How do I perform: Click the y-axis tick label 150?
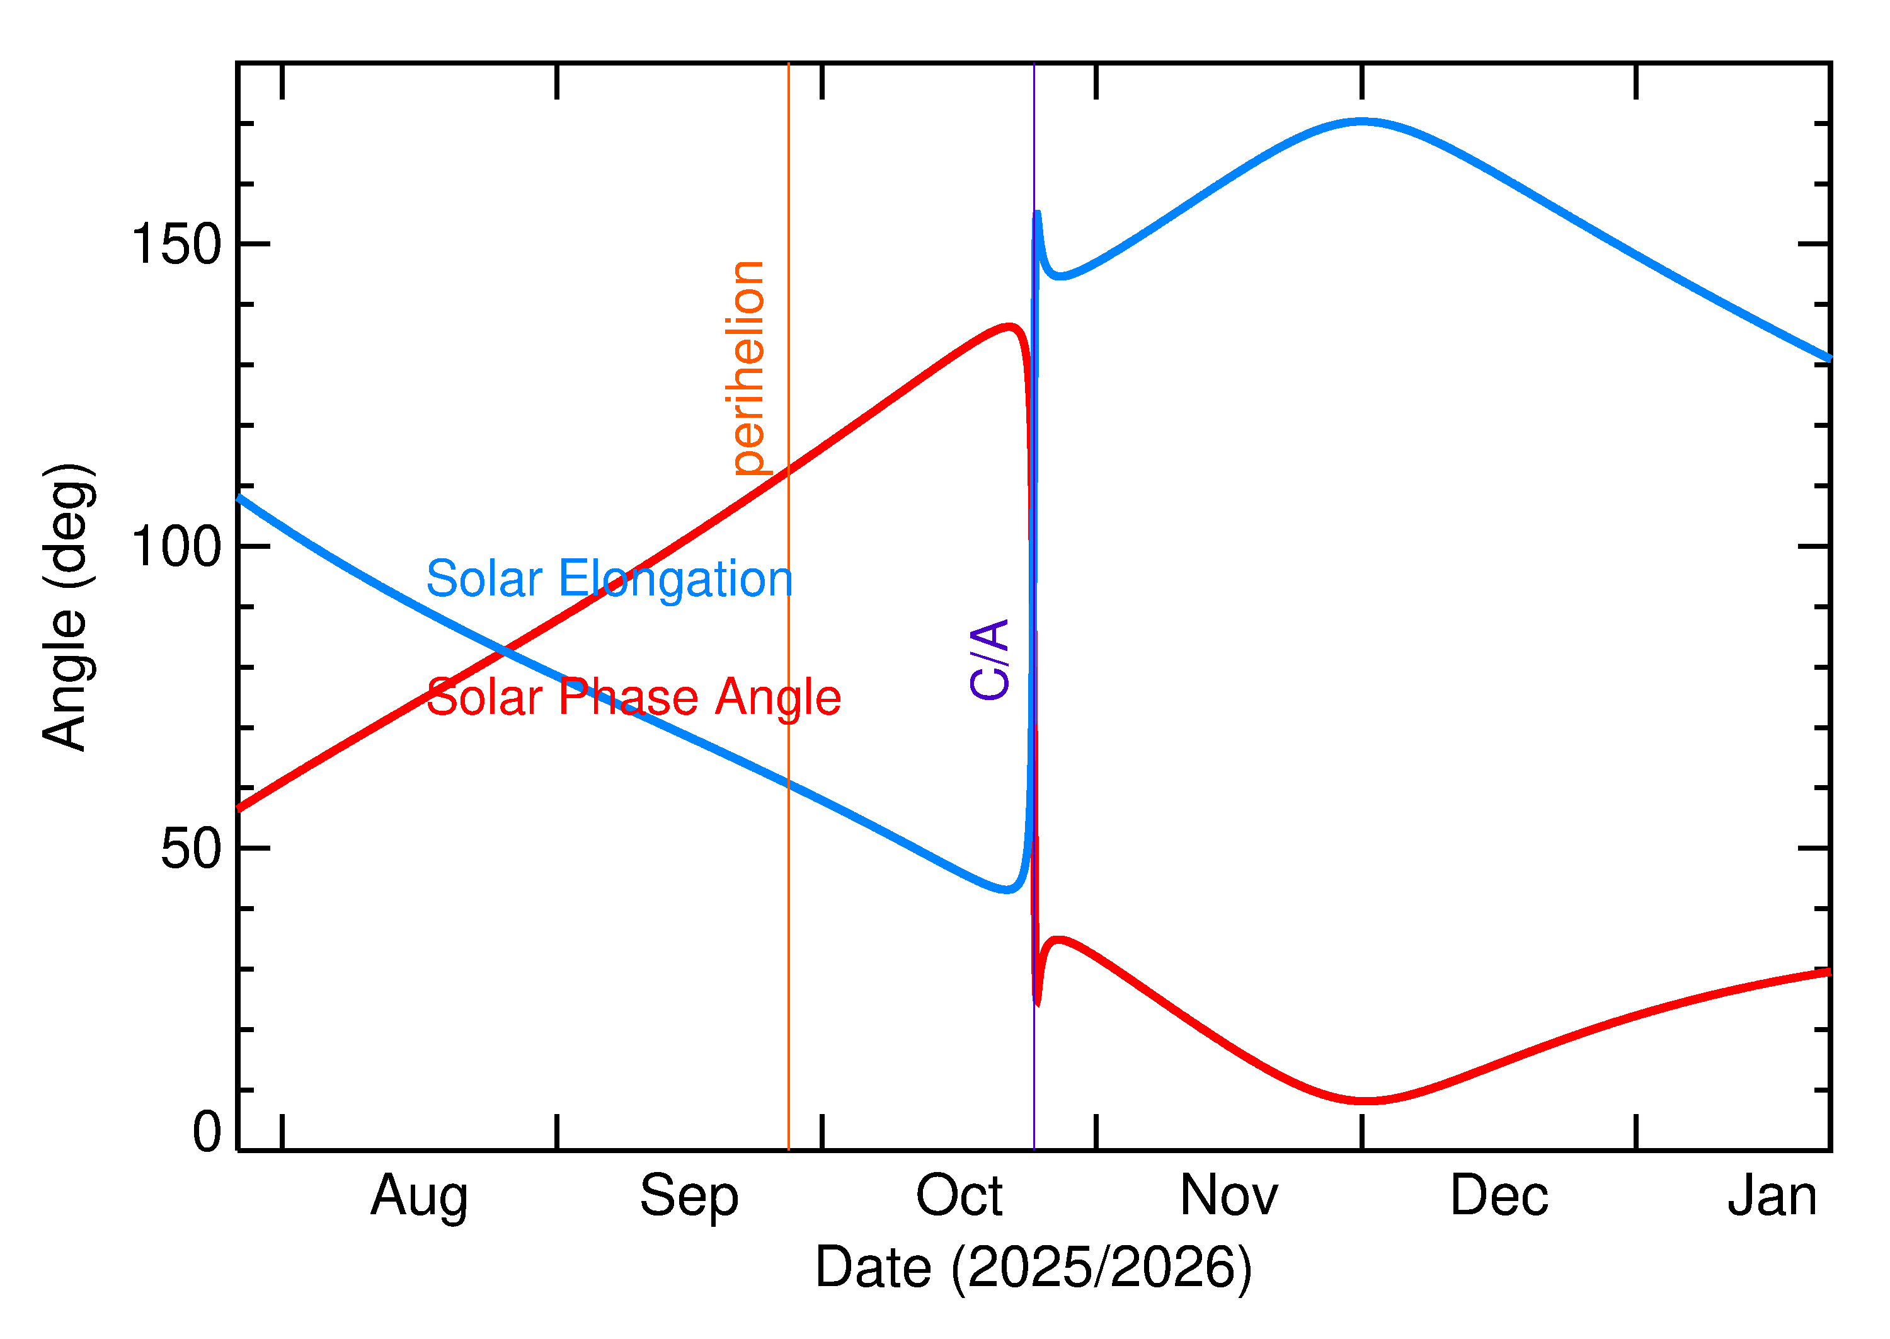tap(176, 245)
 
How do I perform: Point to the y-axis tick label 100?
tap(176, 547)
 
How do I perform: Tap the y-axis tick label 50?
tap(192, 849)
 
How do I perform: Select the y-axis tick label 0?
tap(207, 1132)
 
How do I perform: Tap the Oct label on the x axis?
tap(959, 1195)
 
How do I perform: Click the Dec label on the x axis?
tap(1499, 1195)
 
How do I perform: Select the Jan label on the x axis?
tap(1772, 1195)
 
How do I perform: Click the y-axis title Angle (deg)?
tap(67, 607)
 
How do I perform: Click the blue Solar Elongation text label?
tap(609, 579)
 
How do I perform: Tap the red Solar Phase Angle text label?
tap(633, 698)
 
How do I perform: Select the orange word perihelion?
tap(748, 369)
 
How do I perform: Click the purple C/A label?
tap(989, 660)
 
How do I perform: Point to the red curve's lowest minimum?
tap(1366, 1101)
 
